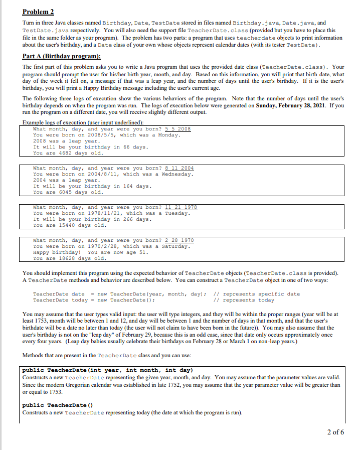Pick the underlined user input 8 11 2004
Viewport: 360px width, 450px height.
click(178, 168)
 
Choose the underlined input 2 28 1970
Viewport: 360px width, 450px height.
click(178, 240)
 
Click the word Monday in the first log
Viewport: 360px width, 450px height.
click(168, 135)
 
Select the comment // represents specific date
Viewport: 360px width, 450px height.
click(256, 294)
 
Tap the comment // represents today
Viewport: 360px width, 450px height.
click(244, 300)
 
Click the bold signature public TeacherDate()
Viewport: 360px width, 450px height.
click(58, 405)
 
